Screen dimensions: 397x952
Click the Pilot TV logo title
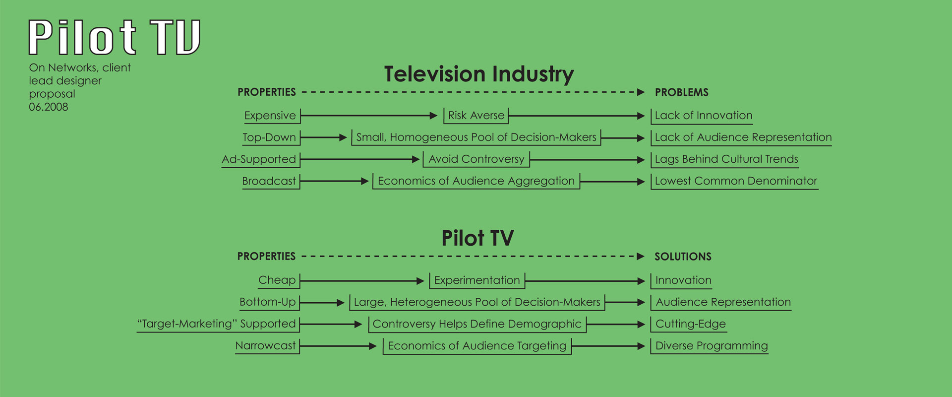114,37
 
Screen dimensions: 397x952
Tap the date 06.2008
49,107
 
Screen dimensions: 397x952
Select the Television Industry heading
479,74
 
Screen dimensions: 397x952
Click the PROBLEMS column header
681,92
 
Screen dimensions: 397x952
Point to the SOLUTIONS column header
683,257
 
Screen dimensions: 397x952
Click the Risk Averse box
476,116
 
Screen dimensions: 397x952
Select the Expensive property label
270,116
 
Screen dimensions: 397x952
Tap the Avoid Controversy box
476,159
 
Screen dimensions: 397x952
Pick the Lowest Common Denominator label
736,181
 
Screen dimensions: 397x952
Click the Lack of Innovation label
703,116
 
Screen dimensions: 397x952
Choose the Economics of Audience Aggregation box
476,181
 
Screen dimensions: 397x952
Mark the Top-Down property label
269,137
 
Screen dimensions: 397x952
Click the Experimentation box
476,280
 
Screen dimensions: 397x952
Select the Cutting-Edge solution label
690,324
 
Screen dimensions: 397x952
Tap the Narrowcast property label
265,346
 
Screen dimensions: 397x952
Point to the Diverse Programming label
712,346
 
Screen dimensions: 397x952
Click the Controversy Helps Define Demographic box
476,324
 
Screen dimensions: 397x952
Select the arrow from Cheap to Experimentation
362,281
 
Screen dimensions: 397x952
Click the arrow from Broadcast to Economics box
334,182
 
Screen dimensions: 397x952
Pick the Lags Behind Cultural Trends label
726,159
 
